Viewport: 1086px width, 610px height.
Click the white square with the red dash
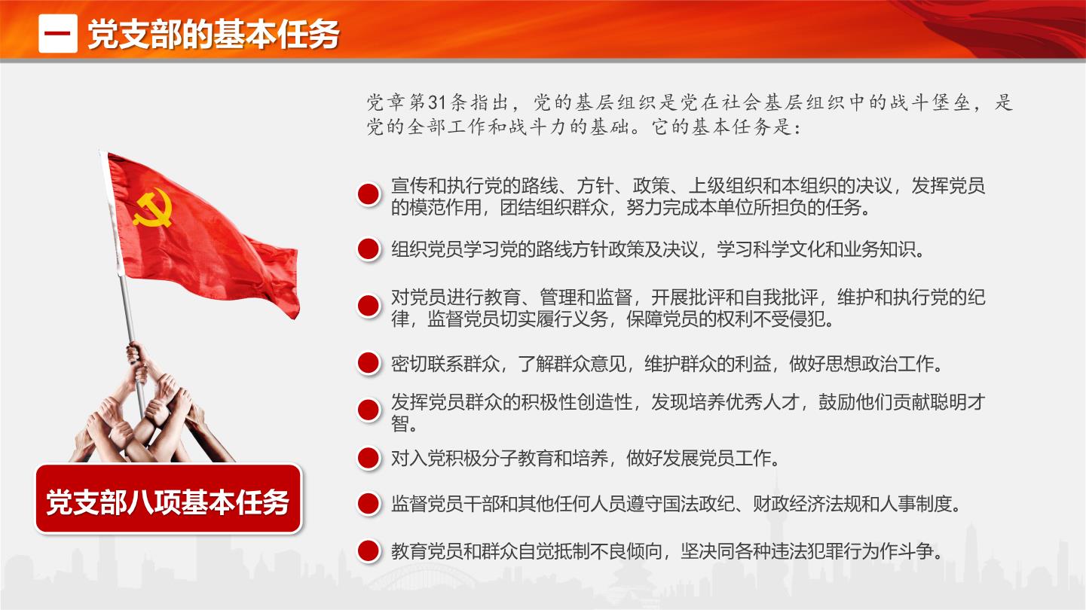(x=58, y=33)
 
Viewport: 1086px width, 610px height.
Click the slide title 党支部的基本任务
(x=213, y=35)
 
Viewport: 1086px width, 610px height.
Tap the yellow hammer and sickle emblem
(x=153, y=208)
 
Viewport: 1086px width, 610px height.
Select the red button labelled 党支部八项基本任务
(x=168, y=499)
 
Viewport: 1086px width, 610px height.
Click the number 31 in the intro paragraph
(x=437, y=102)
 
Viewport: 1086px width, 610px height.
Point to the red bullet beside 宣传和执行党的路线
(x=369, y=194)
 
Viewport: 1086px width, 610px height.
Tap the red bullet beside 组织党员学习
(x=369, y=249)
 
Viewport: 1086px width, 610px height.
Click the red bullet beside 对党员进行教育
(x=369, y=306)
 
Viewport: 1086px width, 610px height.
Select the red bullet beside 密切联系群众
(x=369, y=363)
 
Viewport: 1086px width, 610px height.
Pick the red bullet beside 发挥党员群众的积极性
(x=369, y=410)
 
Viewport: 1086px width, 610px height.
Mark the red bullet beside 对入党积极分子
(x=369, y=458)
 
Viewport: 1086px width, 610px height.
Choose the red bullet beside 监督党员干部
(x=369, y=504)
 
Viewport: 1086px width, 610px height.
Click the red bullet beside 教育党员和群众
(x=369, y=551)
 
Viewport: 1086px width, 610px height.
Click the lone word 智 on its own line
(x=400, y=424)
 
